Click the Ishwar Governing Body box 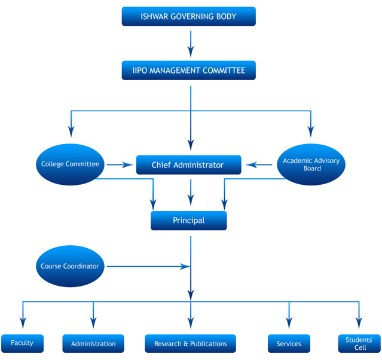click(188, 16)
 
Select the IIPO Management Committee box click(188, 71)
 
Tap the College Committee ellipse click(70, 164)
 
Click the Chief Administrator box click(188, 165)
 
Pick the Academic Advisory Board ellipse click(311, 164)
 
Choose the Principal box click(188, 221)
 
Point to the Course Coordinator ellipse click(70, 266)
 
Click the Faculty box click(22, 343)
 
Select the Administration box click(93, 343)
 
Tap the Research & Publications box click(190, 343)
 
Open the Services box click(289, 343)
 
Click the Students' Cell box click(360, 343)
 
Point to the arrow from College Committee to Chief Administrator click(120, 165)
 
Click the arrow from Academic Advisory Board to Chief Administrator click(259, 165)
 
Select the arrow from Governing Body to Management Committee click(191, 44)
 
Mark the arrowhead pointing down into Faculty click(23, 323)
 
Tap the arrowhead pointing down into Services click(289, 323)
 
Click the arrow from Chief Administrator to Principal click(191, 193)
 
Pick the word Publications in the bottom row click(209, 344)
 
